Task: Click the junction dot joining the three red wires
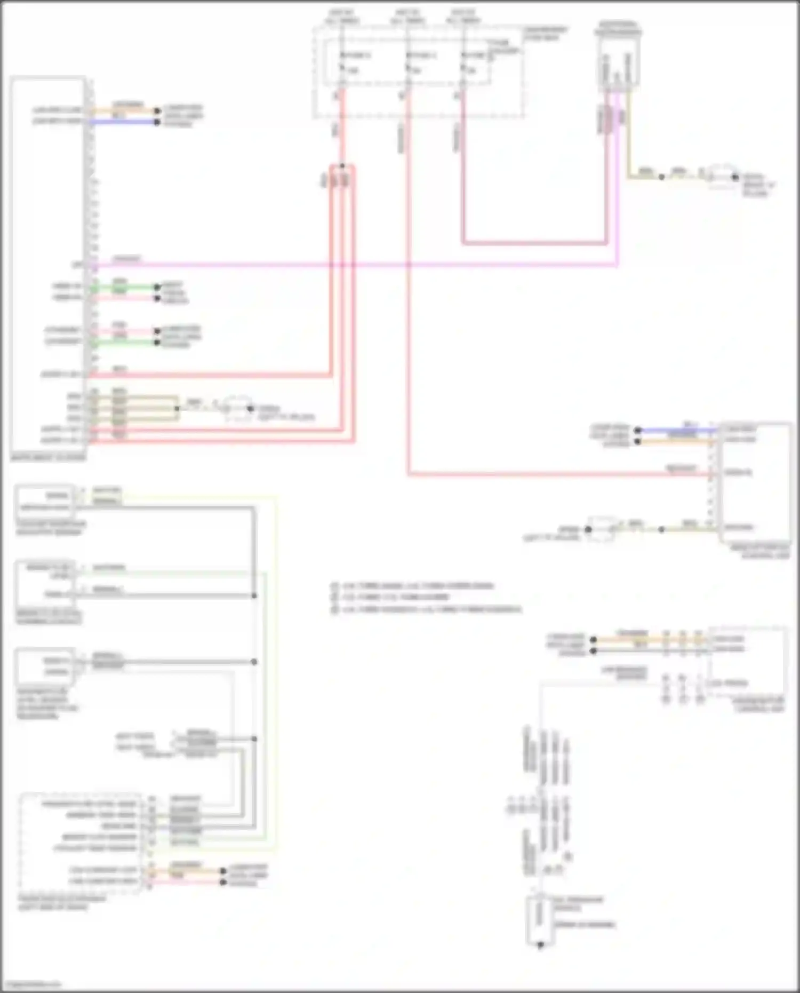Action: (342, 166)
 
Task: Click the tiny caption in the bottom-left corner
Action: (31, 984)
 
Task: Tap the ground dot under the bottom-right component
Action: (540, 945)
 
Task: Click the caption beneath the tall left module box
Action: (48, 457)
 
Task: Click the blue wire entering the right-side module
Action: (677, 430)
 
